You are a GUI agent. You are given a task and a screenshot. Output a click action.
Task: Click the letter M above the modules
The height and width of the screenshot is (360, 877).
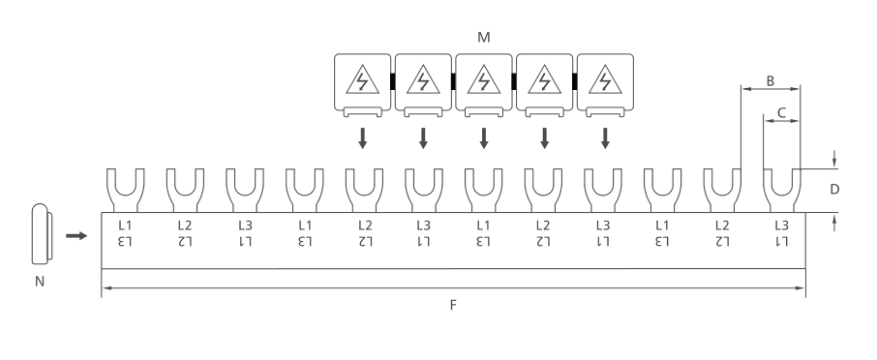[484, 38]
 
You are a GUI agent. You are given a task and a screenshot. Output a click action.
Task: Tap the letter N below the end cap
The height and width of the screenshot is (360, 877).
[39, 282]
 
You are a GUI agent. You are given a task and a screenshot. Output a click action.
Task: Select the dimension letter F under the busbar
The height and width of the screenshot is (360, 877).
[453, 305]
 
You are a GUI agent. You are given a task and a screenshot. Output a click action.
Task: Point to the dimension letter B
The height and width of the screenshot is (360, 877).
[771, 81]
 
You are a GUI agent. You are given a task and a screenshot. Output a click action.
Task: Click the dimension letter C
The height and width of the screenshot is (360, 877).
[782, 113]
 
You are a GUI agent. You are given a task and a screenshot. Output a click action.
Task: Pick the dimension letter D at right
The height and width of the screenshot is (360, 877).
[834, 190]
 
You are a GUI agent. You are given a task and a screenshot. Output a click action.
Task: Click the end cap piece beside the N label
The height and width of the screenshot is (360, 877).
[42, 233]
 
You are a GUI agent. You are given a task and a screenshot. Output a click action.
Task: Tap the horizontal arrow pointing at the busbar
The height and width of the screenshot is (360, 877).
[76, 236]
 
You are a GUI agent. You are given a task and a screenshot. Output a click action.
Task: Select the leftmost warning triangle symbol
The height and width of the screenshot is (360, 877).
[362, 79]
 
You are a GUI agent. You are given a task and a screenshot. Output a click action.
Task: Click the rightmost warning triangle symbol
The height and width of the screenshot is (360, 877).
[605, 79]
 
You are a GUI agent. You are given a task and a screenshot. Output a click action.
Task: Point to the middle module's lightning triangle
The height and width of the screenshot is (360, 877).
[484, 79]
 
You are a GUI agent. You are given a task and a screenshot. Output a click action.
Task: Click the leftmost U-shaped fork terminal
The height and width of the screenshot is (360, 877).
[125, 190]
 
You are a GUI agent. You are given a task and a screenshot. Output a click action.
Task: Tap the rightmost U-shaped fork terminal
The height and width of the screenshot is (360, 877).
[781, 190]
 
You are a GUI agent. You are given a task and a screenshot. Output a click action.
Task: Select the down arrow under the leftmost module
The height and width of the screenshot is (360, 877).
[362, 138]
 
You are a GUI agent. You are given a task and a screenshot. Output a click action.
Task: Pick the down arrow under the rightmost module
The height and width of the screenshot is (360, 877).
[605, 138]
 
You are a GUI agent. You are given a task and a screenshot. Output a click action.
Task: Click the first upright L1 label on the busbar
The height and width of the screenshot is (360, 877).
[125, 225]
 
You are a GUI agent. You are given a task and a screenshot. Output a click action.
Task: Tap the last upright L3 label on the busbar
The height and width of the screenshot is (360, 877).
[781, 225]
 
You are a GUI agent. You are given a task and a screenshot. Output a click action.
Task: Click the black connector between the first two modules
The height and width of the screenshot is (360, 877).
[393, 81]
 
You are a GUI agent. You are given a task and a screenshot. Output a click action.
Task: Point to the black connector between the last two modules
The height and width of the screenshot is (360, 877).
[574, 81]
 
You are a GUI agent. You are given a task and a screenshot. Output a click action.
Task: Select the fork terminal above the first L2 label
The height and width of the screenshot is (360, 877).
[185, 190]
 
